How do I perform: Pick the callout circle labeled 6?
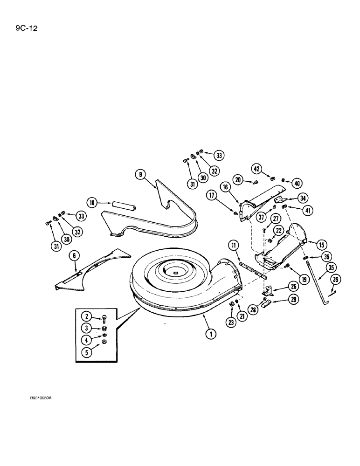[x=73, y=255]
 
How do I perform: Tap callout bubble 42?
[x=256, y=169]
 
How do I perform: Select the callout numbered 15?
[x=322, y=244]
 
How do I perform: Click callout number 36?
[x=336, y=280]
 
